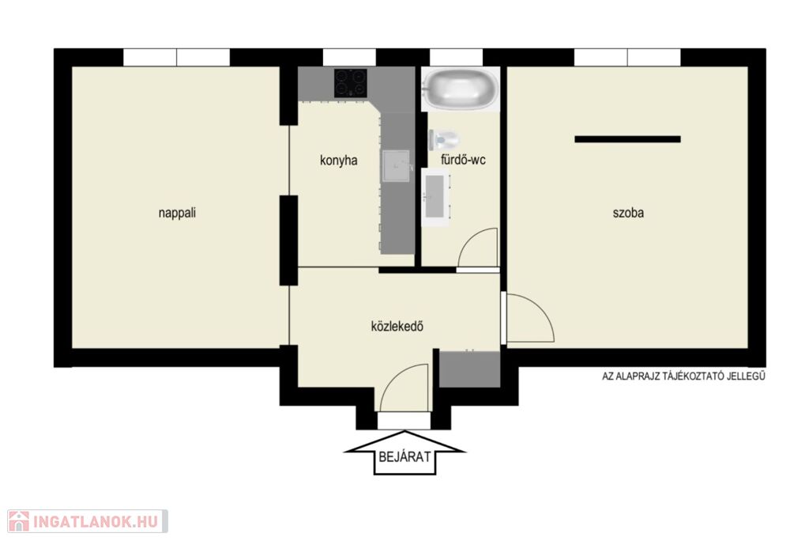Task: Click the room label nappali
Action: pyautogui.click(x=177, y=213)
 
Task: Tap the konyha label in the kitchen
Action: pyautogui.click(x=338, y=161)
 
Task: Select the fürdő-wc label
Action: pyautogui.click(x=463, y=160)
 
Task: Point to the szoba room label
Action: pyautogui.click(x=628, y=213)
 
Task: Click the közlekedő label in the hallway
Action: pyautogui.click(x=397, y=327)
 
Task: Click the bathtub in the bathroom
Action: pyautogui.click(x=461, y=89)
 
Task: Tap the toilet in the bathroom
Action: pyautogui.click(x=444, y=139)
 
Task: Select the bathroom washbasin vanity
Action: pyautogui.click(x=436, y=196)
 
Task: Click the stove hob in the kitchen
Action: pyautogui.click(x=350, y=83)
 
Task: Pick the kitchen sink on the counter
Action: pyautogui.click(x=397, y=166)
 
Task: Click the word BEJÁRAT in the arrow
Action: pyautogui.click(x=404, y=457)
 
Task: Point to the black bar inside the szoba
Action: pyautogui.click(x=627, y=139)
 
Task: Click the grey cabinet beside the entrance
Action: pyautogui.click(x=469, y=369)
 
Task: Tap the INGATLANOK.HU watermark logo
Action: pyautogui.click(x=87, y=521)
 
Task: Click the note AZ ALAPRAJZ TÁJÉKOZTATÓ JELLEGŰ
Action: pyautogui.click(x=683, y=376)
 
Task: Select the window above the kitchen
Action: pyautogui.click(x=349, y=58)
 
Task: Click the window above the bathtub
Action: pyautogui.click(x=456, y=58)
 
